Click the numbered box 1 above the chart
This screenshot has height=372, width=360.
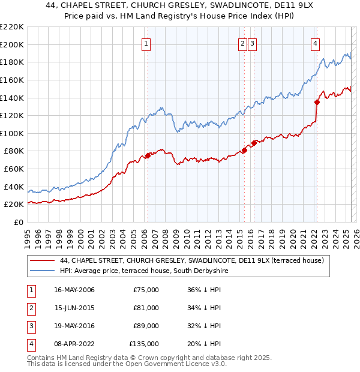(146, 43)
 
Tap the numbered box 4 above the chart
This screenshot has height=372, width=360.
(315, 43)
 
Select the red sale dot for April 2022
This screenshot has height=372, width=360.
(317, 102)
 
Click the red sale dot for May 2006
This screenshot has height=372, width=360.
(148, 156)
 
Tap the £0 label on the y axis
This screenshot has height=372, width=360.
(18, 223)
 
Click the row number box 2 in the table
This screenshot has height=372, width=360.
(30, 308)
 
